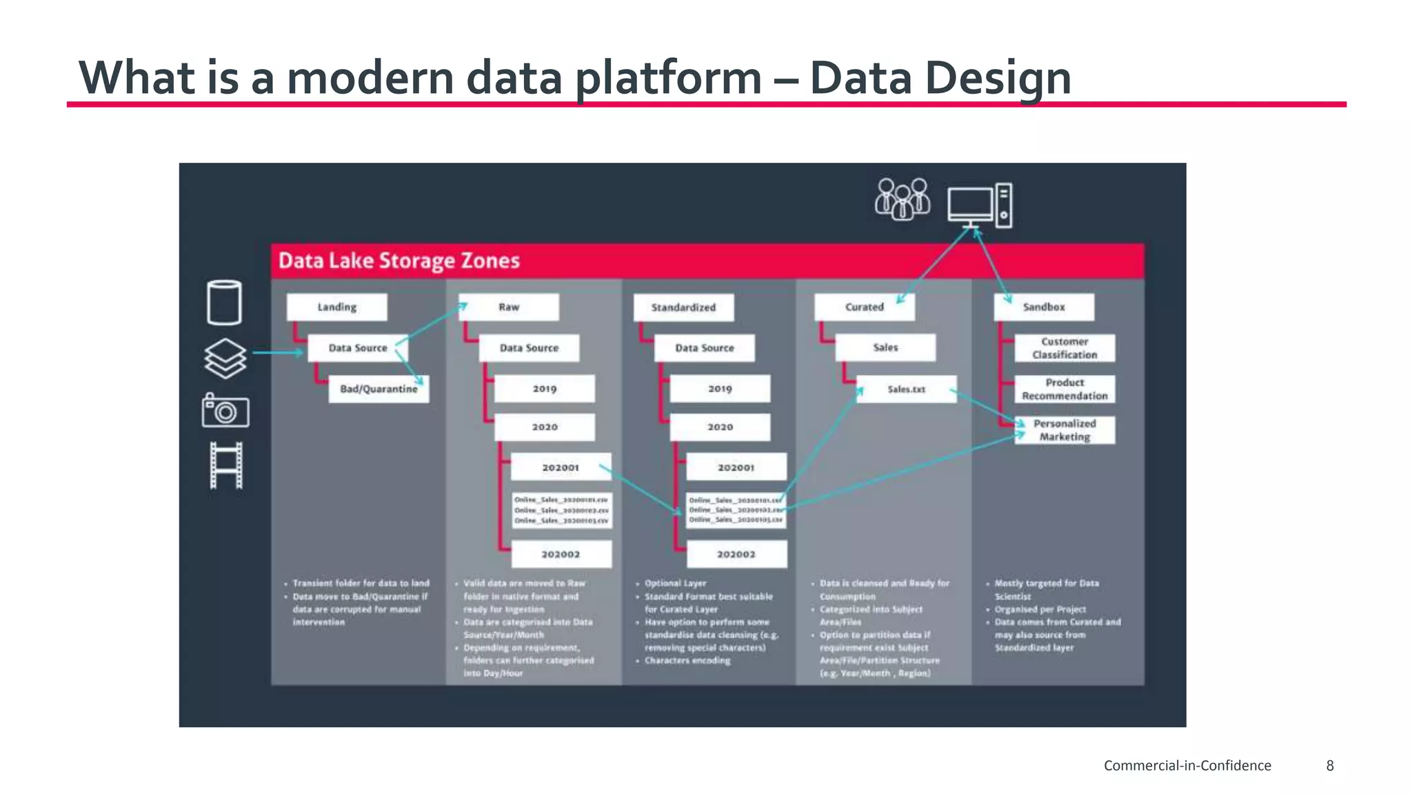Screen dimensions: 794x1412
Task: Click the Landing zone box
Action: (x=336, y=307)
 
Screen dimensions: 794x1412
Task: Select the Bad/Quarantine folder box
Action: (x=379, y=389)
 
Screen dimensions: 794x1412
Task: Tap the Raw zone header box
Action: (x=509, y=307)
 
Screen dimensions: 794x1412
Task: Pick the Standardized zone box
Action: (x=683, y=307)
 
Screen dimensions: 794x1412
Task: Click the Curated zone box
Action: (x=864, y=307)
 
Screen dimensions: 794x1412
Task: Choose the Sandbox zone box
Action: (x=1043, y=307)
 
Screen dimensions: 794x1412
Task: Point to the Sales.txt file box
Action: (x=906, y=389)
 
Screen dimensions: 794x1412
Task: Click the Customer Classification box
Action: (x=1064, y=348)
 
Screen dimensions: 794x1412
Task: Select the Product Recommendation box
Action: (x=1064, y=389)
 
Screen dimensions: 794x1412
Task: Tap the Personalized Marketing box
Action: (x=1064, y=430)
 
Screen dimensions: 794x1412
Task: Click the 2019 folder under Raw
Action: (x=544, y=389)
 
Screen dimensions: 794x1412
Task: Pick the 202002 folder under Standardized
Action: (x=736, y=554)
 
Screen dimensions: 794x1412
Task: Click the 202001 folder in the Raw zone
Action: (x=560, y=467)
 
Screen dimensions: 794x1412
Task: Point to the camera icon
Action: (x=225, y=411)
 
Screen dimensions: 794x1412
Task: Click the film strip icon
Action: (x=225, y=465)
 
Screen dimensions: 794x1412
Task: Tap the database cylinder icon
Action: (x=224, y=302)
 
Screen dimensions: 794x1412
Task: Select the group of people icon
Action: (x=902, y=200)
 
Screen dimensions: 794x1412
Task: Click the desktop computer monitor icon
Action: (x=971, y=205)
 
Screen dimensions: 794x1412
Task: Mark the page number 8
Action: (x=1329, y=765)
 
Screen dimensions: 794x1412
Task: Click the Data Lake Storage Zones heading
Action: (x=399, y=261)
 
